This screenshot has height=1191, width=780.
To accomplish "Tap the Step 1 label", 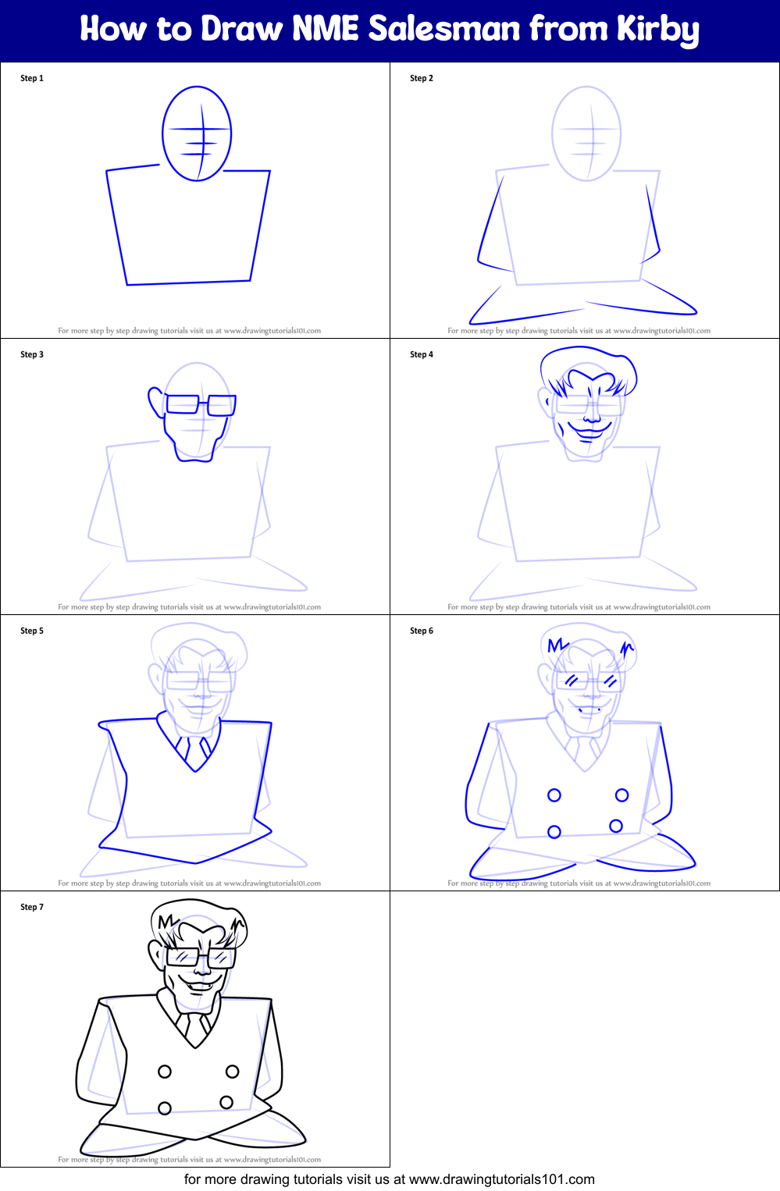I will click(x=32, y=78).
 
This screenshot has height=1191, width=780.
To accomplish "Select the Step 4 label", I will click(x=422, y=354).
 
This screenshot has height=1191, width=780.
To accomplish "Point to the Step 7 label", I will click(x=32, y=907).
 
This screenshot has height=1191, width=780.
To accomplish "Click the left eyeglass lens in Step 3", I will click(x=183, y=404).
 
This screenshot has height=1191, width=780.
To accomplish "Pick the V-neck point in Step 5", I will click(x=195, y=770).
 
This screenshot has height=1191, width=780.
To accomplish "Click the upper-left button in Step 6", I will click(x=554, y=795).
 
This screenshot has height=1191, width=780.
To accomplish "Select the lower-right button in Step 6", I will click(x=616, y=826).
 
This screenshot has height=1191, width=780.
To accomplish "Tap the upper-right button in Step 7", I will click(x=232, y=1072).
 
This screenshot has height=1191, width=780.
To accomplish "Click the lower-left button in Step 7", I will click(x=165, y=1108).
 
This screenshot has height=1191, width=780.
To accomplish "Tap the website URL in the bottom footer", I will click(x=501, y=1179).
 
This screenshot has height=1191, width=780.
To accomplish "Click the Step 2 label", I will click(x=422, y=78).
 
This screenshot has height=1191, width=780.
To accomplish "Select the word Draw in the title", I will click(x=242, y=29).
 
